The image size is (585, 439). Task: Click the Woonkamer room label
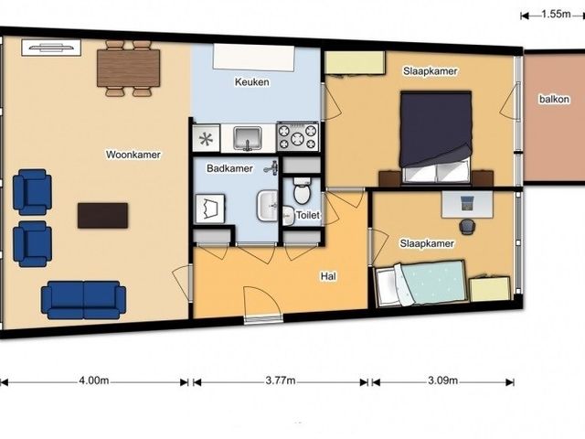133,155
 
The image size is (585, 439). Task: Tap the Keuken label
252,81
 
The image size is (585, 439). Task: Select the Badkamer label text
229,168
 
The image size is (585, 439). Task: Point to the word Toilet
308,215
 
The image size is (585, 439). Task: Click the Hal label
328,276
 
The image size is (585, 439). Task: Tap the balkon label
555,100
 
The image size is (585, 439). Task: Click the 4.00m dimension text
94,380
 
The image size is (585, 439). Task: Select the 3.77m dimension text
281,380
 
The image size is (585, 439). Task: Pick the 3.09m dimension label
442,380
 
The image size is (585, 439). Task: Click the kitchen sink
247,138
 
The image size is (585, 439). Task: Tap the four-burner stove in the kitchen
298,137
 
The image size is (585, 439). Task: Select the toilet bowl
303,190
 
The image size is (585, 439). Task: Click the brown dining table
128,69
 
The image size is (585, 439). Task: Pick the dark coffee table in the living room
103,216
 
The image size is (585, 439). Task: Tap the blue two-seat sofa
83,300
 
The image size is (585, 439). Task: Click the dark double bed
435,137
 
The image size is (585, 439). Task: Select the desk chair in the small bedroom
467,227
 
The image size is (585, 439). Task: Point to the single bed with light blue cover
420,283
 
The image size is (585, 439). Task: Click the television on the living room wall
51,48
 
